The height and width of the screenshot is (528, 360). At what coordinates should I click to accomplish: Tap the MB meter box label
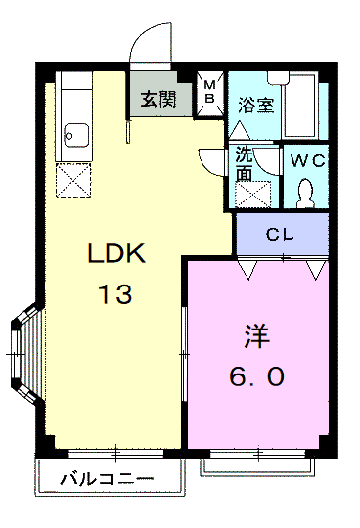[209, 92]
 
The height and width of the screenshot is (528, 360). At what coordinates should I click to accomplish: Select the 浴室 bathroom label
[256, 105]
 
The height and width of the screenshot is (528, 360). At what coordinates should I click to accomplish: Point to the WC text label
[307, 161]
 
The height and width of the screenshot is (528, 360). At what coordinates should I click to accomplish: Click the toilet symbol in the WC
[306, 193]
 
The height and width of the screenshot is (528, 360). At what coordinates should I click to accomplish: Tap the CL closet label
[280, 235]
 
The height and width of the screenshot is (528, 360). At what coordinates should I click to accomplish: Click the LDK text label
[116, 253]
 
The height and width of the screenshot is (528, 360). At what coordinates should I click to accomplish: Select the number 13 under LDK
[114, 294]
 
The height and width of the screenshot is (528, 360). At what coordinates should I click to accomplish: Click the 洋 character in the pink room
[256, 336]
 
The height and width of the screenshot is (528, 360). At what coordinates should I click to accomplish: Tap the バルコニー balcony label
[107, 479]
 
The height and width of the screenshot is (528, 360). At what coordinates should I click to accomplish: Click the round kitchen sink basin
[76, 135]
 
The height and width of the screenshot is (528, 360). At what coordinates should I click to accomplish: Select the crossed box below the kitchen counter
[73, 180]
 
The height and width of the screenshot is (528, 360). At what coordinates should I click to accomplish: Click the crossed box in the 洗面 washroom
[253, 195]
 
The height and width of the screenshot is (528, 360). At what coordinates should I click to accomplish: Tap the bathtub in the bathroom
[299, 105]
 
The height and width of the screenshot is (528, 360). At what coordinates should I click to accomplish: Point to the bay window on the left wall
[25, 354]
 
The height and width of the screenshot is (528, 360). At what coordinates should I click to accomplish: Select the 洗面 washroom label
[244, 164]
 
